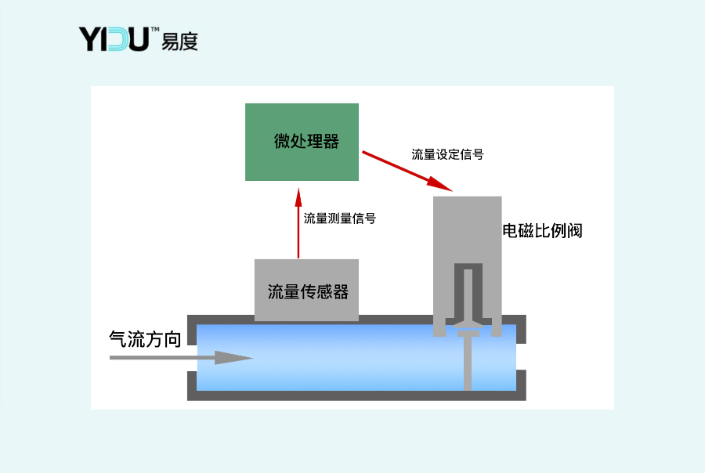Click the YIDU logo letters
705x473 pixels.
coord(114,39)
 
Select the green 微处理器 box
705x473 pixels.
coord(302,142)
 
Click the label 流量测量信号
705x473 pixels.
coord(339,218)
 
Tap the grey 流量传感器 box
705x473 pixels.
coord(307,289)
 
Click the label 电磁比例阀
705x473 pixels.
coord(543,231)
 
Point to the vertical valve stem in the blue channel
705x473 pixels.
coord(468,364)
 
